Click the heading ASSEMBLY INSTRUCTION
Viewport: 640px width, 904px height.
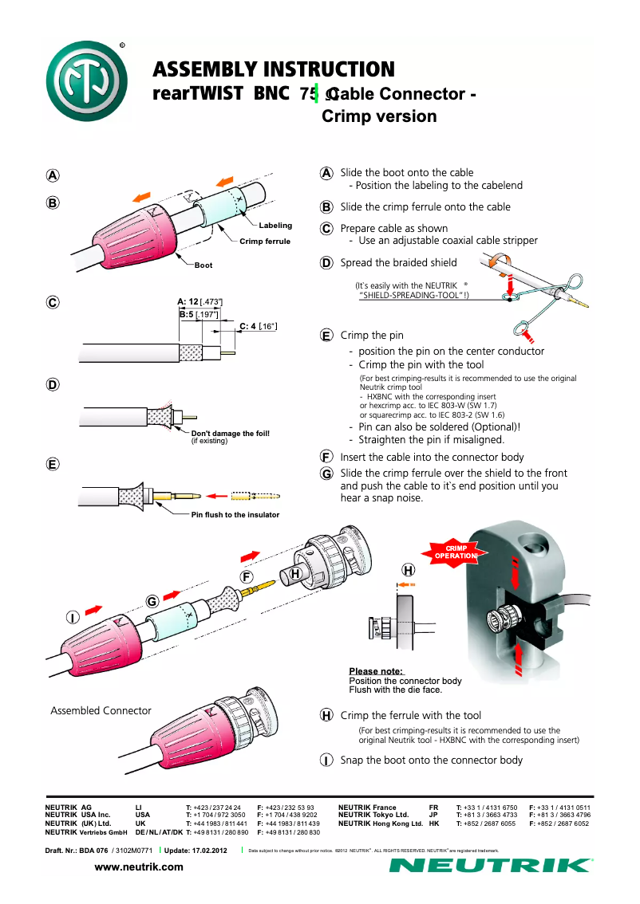coord(273,69)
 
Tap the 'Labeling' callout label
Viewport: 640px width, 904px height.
coord(275,226)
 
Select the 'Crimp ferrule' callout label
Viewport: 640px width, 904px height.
coord(265,241)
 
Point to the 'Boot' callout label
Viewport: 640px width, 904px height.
coord(203,265)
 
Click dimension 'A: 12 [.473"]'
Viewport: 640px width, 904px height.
coord(200,301)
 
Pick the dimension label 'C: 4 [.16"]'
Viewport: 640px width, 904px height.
coord(258,325)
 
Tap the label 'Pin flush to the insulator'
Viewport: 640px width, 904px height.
coord(235,515)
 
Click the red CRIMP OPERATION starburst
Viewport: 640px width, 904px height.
coord(456,552)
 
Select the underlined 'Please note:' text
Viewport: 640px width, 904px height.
coord(376,671)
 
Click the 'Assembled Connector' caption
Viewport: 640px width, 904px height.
coord(101,710)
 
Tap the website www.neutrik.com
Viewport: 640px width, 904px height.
coord(139,867)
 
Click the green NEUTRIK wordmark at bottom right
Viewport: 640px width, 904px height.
coord(490,866)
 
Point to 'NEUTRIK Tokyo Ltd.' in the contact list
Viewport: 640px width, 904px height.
coord(373,815)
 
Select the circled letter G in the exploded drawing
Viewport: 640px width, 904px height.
coord(151,602)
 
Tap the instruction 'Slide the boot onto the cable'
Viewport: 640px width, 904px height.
coord(406,172)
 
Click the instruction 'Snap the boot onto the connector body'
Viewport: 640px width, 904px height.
coord(431,760)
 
